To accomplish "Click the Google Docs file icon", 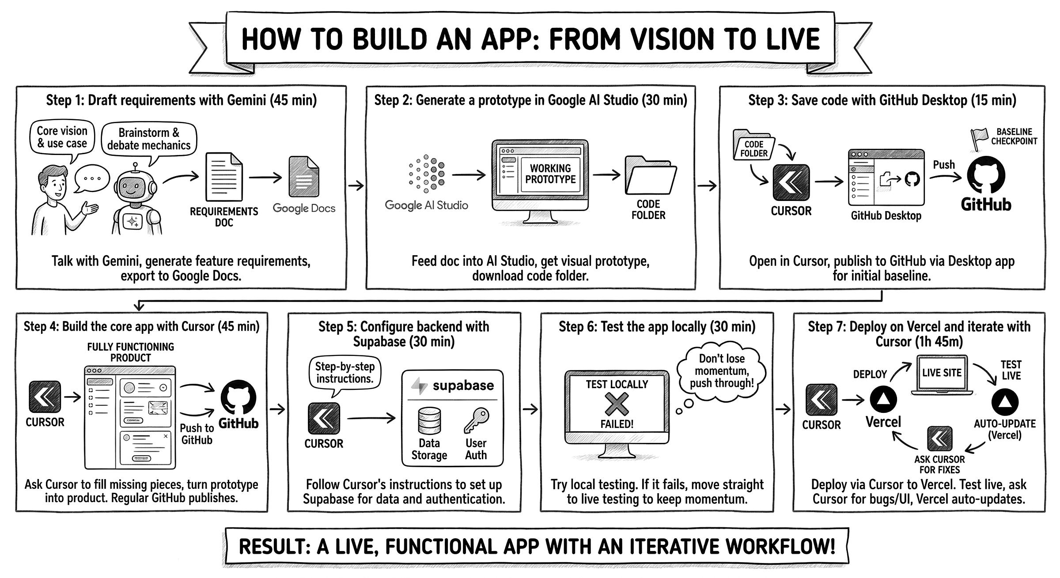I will pyautogui.click(x=303, y=177).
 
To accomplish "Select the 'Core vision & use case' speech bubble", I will pyautogui.click(x=62, y=137).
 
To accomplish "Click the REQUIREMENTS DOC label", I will pyautogui.click(x=224, y=217).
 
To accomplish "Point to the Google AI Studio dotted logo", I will pyautogui.click(x=426, y=174).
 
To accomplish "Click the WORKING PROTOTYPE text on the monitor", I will pyautogui.click(x=550, y=174).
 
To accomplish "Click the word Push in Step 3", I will pyautogui.click(x=944, y=165).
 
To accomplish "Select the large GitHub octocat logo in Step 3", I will pyautogui.click(x=986, y=175).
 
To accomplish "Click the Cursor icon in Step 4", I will pyautogui.click(x=45, y=397).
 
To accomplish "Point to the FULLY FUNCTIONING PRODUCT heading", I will pyautogui.click(x=130, y=352).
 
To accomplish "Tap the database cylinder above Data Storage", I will pyautogui.click(x=429, y=420).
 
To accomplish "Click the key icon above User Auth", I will pyautogui.click(x=477, y=420).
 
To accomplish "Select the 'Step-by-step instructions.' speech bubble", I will pyautogui.click(x=344, y=373).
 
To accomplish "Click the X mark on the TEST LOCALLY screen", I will pyautogui.click(x=617, y=404).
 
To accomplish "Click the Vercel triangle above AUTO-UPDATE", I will pyautogui.click(x=1005, y=401).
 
